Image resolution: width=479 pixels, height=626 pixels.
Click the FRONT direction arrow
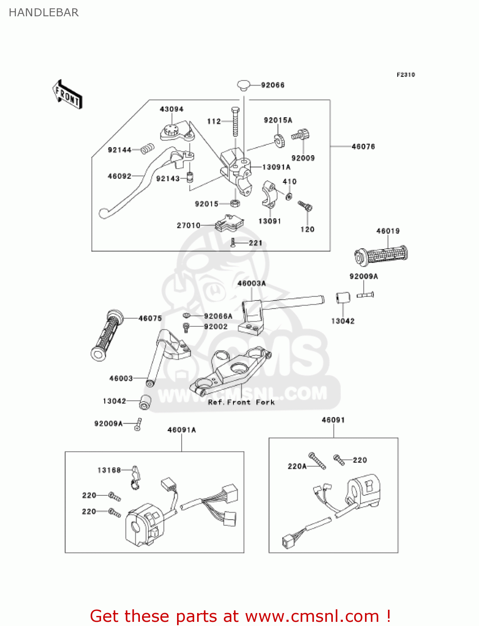67,95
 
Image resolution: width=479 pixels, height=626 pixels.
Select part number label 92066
273,85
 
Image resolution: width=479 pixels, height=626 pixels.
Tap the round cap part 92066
243,86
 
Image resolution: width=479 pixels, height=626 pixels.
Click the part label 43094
171,109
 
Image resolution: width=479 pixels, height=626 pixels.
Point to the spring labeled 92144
147,149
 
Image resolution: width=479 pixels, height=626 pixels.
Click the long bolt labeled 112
236,121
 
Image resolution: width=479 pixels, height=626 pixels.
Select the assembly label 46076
363,146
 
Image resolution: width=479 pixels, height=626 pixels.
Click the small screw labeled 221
233,243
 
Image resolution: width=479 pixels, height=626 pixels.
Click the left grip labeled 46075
107,334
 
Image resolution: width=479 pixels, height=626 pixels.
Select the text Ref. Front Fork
241,402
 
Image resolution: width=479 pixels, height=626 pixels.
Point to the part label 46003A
251,283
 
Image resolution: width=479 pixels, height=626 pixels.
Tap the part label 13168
109,470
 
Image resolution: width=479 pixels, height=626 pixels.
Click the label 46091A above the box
182,430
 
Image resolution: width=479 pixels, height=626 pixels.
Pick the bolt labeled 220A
317,461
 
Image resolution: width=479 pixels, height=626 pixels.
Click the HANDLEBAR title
44,13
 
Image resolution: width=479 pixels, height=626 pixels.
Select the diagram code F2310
406,75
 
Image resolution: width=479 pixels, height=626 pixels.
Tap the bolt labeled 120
305,206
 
